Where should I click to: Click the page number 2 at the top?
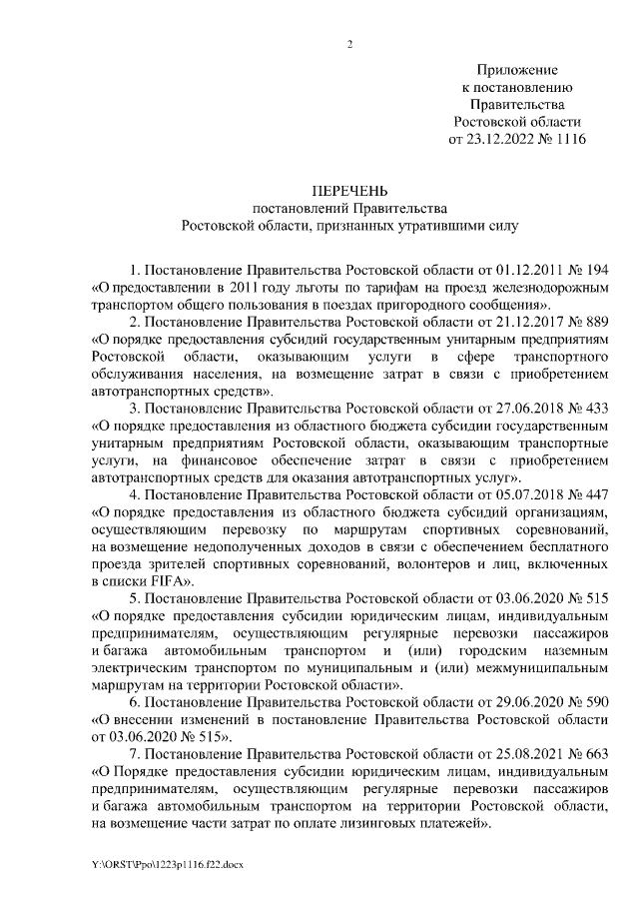tap(349, 44)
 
